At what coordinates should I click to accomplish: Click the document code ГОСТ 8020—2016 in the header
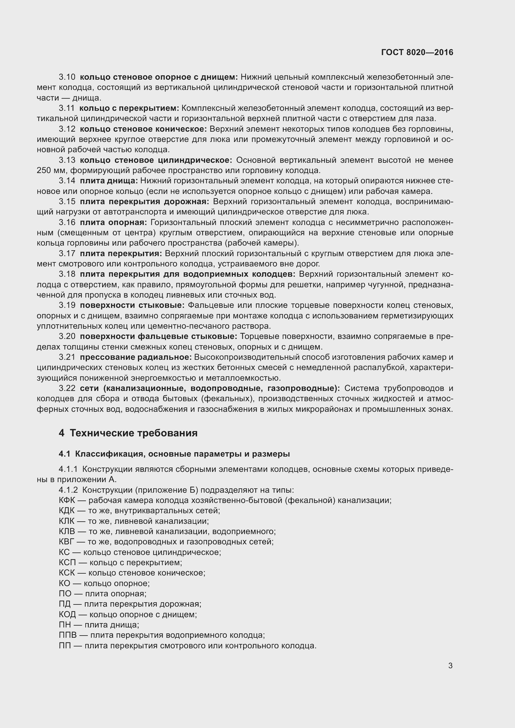pyautogui.click(x=417, y=52)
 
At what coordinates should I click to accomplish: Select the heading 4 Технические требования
pyautogui.click(x=128, y=433)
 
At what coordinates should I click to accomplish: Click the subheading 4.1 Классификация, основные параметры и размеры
pyautogui.click(x=174, y=454)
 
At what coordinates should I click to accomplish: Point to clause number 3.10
pyautogui.click(x=67, y=77)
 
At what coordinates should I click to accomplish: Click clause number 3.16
pyautogui.click(x=67, y=222)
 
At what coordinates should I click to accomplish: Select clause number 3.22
pyautogui.click(x=67, y=388)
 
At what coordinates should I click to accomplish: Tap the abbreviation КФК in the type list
pyautogui.click(x=67, y=500)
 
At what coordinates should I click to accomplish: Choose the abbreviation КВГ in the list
pyautogui.click(x=67, y=542)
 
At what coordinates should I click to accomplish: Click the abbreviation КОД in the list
pyautogui.click(x=67, y=614)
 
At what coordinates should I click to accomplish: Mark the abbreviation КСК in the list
pyautogui.click(x=67, y=573)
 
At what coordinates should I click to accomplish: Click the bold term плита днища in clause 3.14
pyautogui.click(x=109, y=181)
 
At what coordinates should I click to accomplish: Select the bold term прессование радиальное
pyautogui.click(x=136, y=357)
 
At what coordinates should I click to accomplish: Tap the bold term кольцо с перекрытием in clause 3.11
pyautogui.click(x=129, y=108)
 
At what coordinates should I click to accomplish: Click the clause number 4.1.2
pyautogui.click(x=68, y=490)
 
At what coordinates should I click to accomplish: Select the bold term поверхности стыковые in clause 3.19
pyautogui.click(x=132, y=305)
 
